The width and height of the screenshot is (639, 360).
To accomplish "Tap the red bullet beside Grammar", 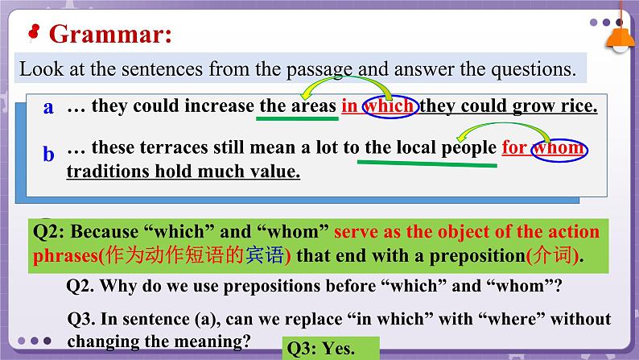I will pos(34,31).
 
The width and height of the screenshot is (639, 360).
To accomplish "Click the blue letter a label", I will pos(48,107).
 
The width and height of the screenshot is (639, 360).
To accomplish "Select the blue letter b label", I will pos(48,154).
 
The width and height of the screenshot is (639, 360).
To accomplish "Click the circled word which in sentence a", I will pos(390,106).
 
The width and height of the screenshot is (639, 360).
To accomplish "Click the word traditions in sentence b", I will pos(108,171).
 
